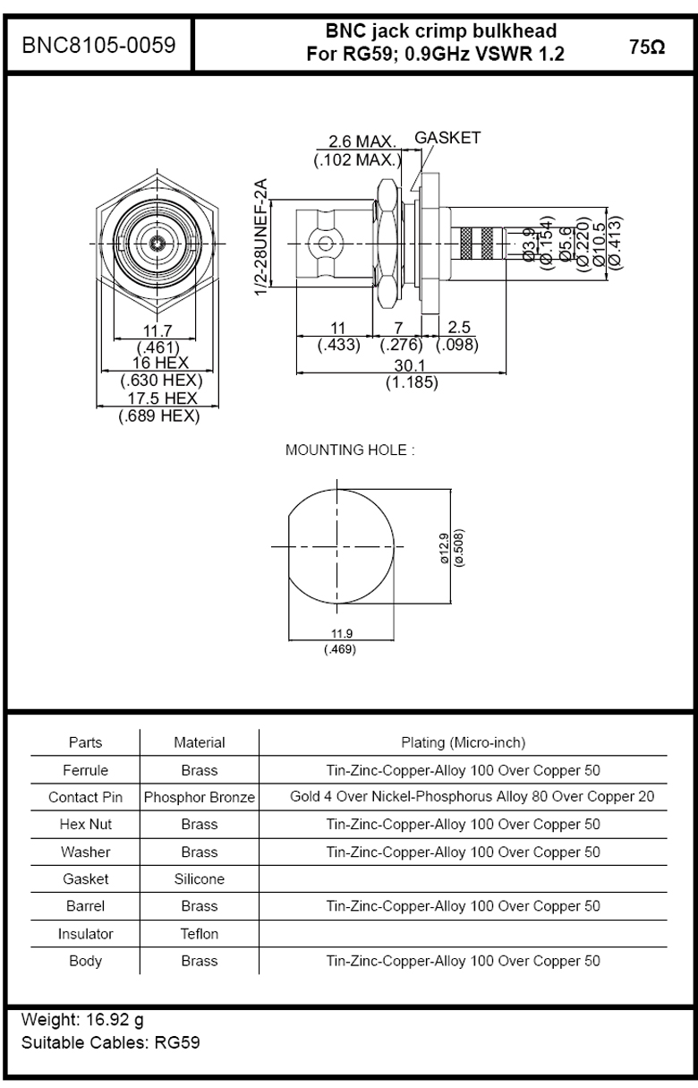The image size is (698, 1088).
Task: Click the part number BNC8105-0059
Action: [98, 45]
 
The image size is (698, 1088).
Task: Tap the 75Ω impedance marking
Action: [647, 47]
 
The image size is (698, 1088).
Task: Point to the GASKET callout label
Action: [447, 138]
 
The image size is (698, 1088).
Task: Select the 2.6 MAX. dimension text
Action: [362, 141]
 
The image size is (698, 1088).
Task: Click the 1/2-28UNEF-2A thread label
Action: [261, 236]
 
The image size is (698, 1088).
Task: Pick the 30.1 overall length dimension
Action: [410, 365]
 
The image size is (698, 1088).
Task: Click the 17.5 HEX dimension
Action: [162, 398]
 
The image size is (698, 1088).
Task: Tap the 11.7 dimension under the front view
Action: [157, 330]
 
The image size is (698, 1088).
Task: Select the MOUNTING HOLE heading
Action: [350, 450]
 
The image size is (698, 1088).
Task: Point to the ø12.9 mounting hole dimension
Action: [444, 548]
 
